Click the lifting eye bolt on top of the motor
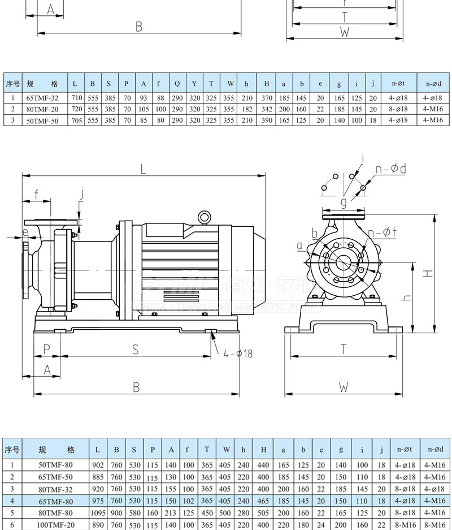pyautogui.click(x=204, y=217)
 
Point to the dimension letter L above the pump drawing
pyautogui.click(x=143, y=169)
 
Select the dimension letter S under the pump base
pyautogui.click(x=136, y=350)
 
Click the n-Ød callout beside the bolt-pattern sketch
pyautogui.click(x=393, y=169)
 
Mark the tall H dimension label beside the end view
pyautogui.click(x=429, y=273)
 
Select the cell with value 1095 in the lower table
pyautogui.click(x=98, y=513)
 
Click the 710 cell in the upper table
pyautogui.click(x=75, y=97)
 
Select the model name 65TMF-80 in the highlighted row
pyautogui.click(x=55, y=501)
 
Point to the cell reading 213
pyautogui.click(x=170, y=513)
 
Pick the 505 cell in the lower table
pyautogui.click(x=263, y=513)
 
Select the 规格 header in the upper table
pyautogui.click(x=42, y=84)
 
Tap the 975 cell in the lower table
pyautogui.click(x=98, y=501)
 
